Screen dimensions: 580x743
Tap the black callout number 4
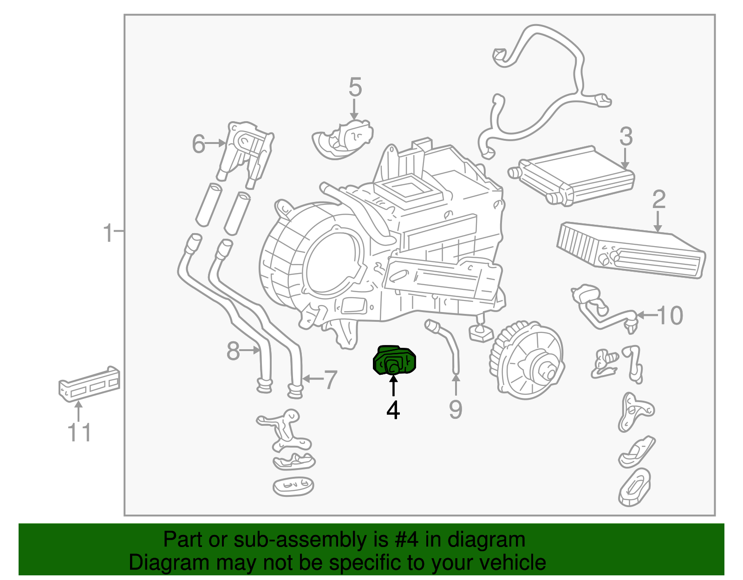pos(393,410)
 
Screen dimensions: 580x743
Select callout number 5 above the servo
pos(355,87)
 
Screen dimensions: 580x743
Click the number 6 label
pos(198,144)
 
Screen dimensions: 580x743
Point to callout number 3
pos(626,137)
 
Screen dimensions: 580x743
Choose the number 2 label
pos(658,199)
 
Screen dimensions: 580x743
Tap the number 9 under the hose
pos(456,410)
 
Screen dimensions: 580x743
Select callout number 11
pos(79,432)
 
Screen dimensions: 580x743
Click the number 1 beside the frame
pos(108,233)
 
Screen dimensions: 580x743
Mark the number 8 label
pos(233,351)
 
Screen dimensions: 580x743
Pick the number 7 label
pos(330,380)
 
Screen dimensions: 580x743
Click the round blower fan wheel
pos(527,360)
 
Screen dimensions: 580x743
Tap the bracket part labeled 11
pos(88,383)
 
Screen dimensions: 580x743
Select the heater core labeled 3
pos(574,176)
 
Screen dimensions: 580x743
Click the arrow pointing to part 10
pos(646,315)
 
